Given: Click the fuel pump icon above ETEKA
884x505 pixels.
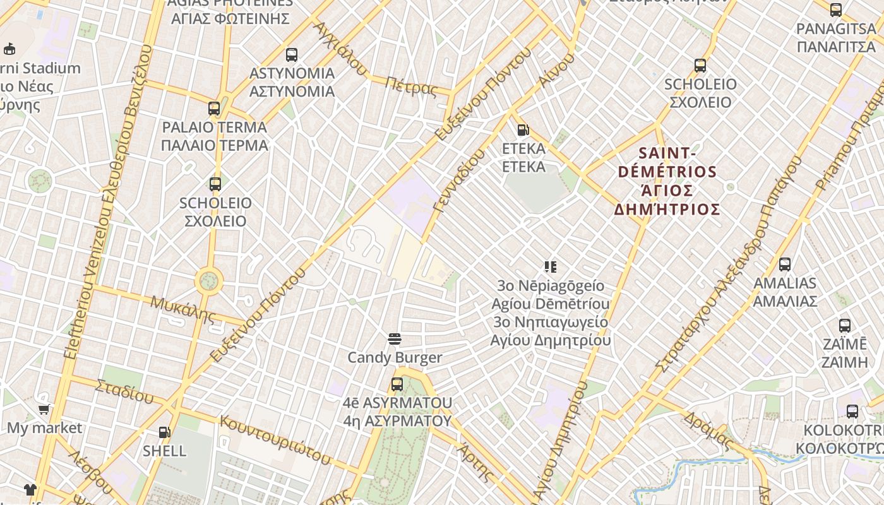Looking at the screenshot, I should [x=523, y=130].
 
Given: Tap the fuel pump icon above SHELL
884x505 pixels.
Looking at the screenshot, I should [x=164, y=432].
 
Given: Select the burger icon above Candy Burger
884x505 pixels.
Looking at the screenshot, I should [x=395, y=340].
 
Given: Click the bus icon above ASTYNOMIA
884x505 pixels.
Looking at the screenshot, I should [x=292, y=55].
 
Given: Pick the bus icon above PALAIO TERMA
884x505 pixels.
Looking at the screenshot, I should [x=214, y=109].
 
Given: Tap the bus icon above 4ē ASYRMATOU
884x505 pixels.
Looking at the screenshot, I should [x=397, y=384].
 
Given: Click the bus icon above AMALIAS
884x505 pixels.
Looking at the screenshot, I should [x=785, y=264].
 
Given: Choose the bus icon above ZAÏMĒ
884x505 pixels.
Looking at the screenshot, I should [x=845, y=326].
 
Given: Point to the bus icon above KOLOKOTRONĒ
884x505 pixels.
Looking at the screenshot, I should [x=852, y=412].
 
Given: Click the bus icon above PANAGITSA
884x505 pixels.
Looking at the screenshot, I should [x=836, y=10].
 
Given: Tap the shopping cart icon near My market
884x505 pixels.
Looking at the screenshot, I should [x=44, y=410].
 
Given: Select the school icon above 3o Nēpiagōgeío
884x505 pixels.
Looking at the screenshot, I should [x=551, y=267].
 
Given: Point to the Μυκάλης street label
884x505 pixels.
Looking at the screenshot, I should [x=182, y=308].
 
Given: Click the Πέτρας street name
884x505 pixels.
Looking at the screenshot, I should [x=410, y=86].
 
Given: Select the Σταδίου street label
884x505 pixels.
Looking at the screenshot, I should [x=124, y=391].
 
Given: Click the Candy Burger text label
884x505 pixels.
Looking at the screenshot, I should [x=395, y=358].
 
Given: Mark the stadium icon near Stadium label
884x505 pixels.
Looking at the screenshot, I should [x=9, y=49].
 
